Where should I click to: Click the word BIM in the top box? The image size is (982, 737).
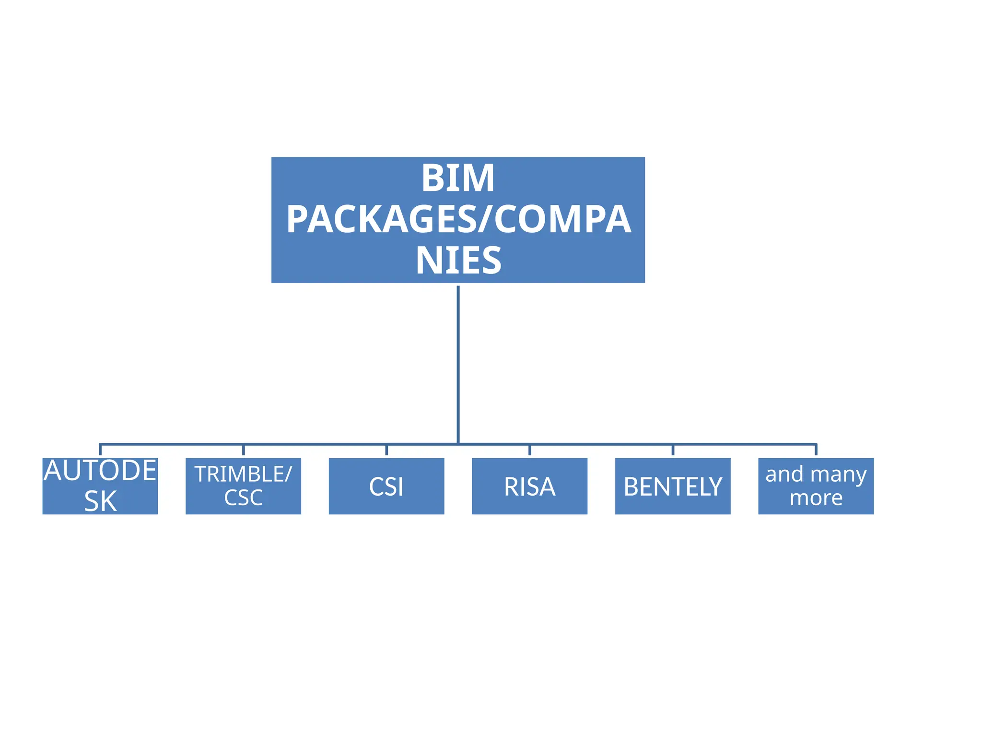coord(458,178)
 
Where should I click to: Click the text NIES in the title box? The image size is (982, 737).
coord(458,261)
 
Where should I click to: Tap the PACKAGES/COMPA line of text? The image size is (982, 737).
coord(458,219)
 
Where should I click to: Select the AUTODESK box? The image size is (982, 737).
coord(100,486)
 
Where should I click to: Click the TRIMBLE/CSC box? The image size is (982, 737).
coord(243,486)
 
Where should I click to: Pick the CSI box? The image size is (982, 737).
coord(386,486)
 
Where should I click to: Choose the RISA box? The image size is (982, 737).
coord(529,486)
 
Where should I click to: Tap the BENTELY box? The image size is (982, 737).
coord(673,486)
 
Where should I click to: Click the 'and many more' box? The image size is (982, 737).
coord(816,486)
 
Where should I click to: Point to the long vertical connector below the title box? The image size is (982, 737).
coord(458,365)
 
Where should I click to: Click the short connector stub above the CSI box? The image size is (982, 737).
coord(386,451)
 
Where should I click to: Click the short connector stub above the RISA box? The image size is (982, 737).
coord(529,451)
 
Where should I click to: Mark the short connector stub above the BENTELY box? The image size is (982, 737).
coord(673,451)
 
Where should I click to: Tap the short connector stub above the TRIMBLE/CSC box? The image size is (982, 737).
coord(243,451)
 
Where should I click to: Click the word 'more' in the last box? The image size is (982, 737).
coord(816,498)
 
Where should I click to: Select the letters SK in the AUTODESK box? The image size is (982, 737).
coord(100,501)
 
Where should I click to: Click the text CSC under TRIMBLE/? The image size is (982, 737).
coord(243,498)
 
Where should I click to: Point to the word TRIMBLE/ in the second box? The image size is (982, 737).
coord(243,474)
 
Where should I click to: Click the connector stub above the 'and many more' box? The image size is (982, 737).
coord(816,451)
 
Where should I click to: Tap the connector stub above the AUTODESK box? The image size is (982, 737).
coord(100,451)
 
